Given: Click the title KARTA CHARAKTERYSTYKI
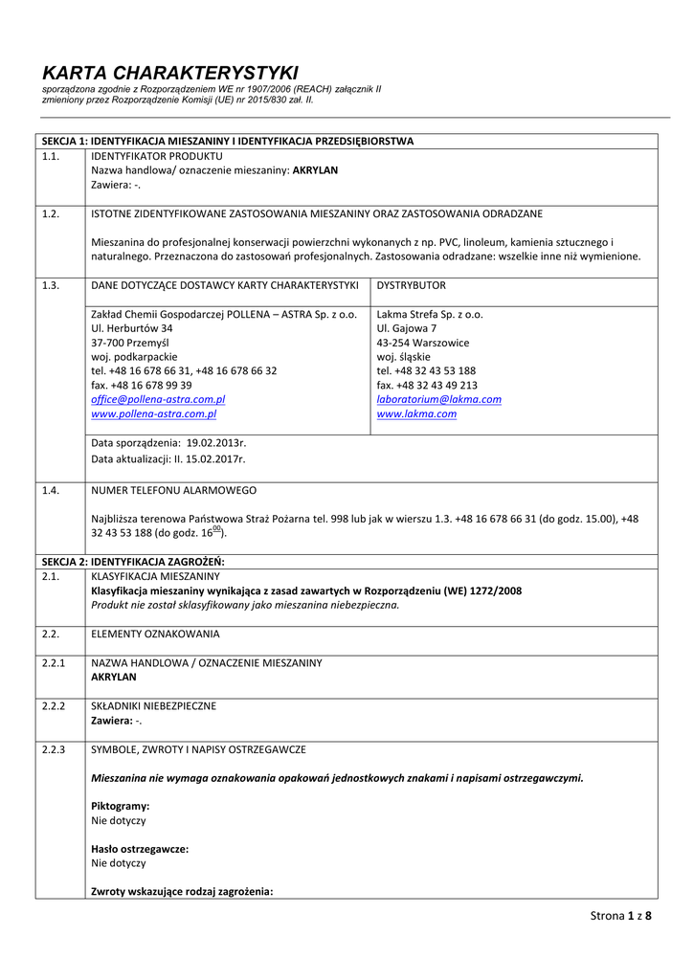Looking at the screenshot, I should [x=170, y=73].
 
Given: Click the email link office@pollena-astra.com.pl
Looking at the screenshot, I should [x=158, y=399].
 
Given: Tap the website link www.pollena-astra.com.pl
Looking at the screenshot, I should [x=153, y=414].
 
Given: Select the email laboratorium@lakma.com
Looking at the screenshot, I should [x=438, y=399].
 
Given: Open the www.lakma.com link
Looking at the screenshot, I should [x=416, y=414].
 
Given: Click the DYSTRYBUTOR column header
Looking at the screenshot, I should [x=411, y=285].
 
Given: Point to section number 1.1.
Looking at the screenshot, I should [x=51, y=155].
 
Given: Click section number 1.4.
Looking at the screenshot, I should [x=51, y=490].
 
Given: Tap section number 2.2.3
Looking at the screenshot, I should [x=54, y=749].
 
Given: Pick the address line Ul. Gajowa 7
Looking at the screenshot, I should [x=407, y=327].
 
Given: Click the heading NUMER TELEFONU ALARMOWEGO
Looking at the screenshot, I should [x=173, y=490].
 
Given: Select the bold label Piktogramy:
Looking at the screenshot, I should [x=120, y=806].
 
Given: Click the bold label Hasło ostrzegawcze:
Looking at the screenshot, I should [x=139, y=849].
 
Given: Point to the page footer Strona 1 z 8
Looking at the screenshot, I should [x=620, y=916].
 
